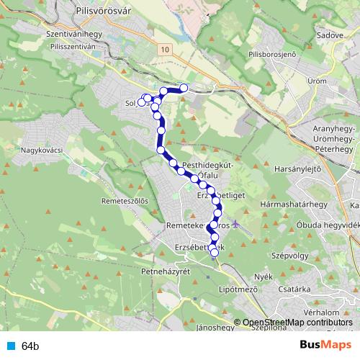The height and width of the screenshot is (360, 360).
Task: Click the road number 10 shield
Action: pos(166,49)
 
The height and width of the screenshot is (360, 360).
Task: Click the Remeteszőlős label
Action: pos(125,201)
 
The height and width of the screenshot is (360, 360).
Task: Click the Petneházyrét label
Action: pos(165,271)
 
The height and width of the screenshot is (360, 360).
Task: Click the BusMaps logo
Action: pos(325,345)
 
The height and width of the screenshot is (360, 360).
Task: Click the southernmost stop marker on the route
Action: pos(214,252)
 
